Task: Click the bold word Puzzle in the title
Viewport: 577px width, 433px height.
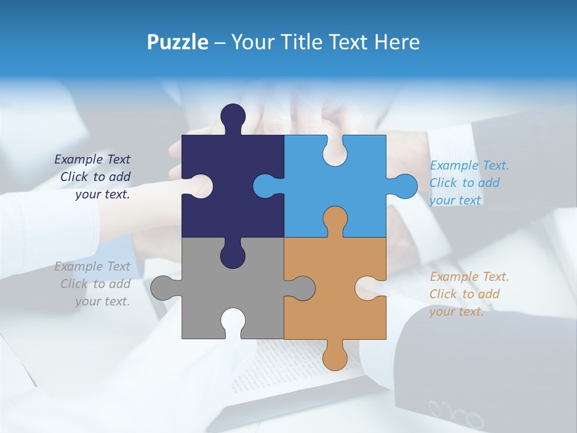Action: point(177,42)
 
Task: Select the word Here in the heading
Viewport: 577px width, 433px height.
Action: point(397,42)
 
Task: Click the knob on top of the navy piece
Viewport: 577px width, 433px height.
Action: point(233,116)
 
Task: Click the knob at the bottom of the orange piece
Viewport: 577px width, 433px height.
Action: point(335,358)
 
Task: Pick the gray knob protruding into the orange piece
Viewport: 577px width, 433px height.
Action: point(303,287)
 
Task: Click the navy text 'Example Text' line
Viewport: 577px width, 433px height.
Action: point(92,159)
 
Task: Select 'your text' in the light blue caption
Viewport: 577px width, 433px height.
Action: point(455,200)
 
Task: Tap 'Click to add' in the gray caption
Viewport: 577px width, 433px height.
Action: point(95,284)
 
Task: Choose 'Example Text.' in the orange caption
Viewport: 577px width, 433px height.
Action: point(469,277)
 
